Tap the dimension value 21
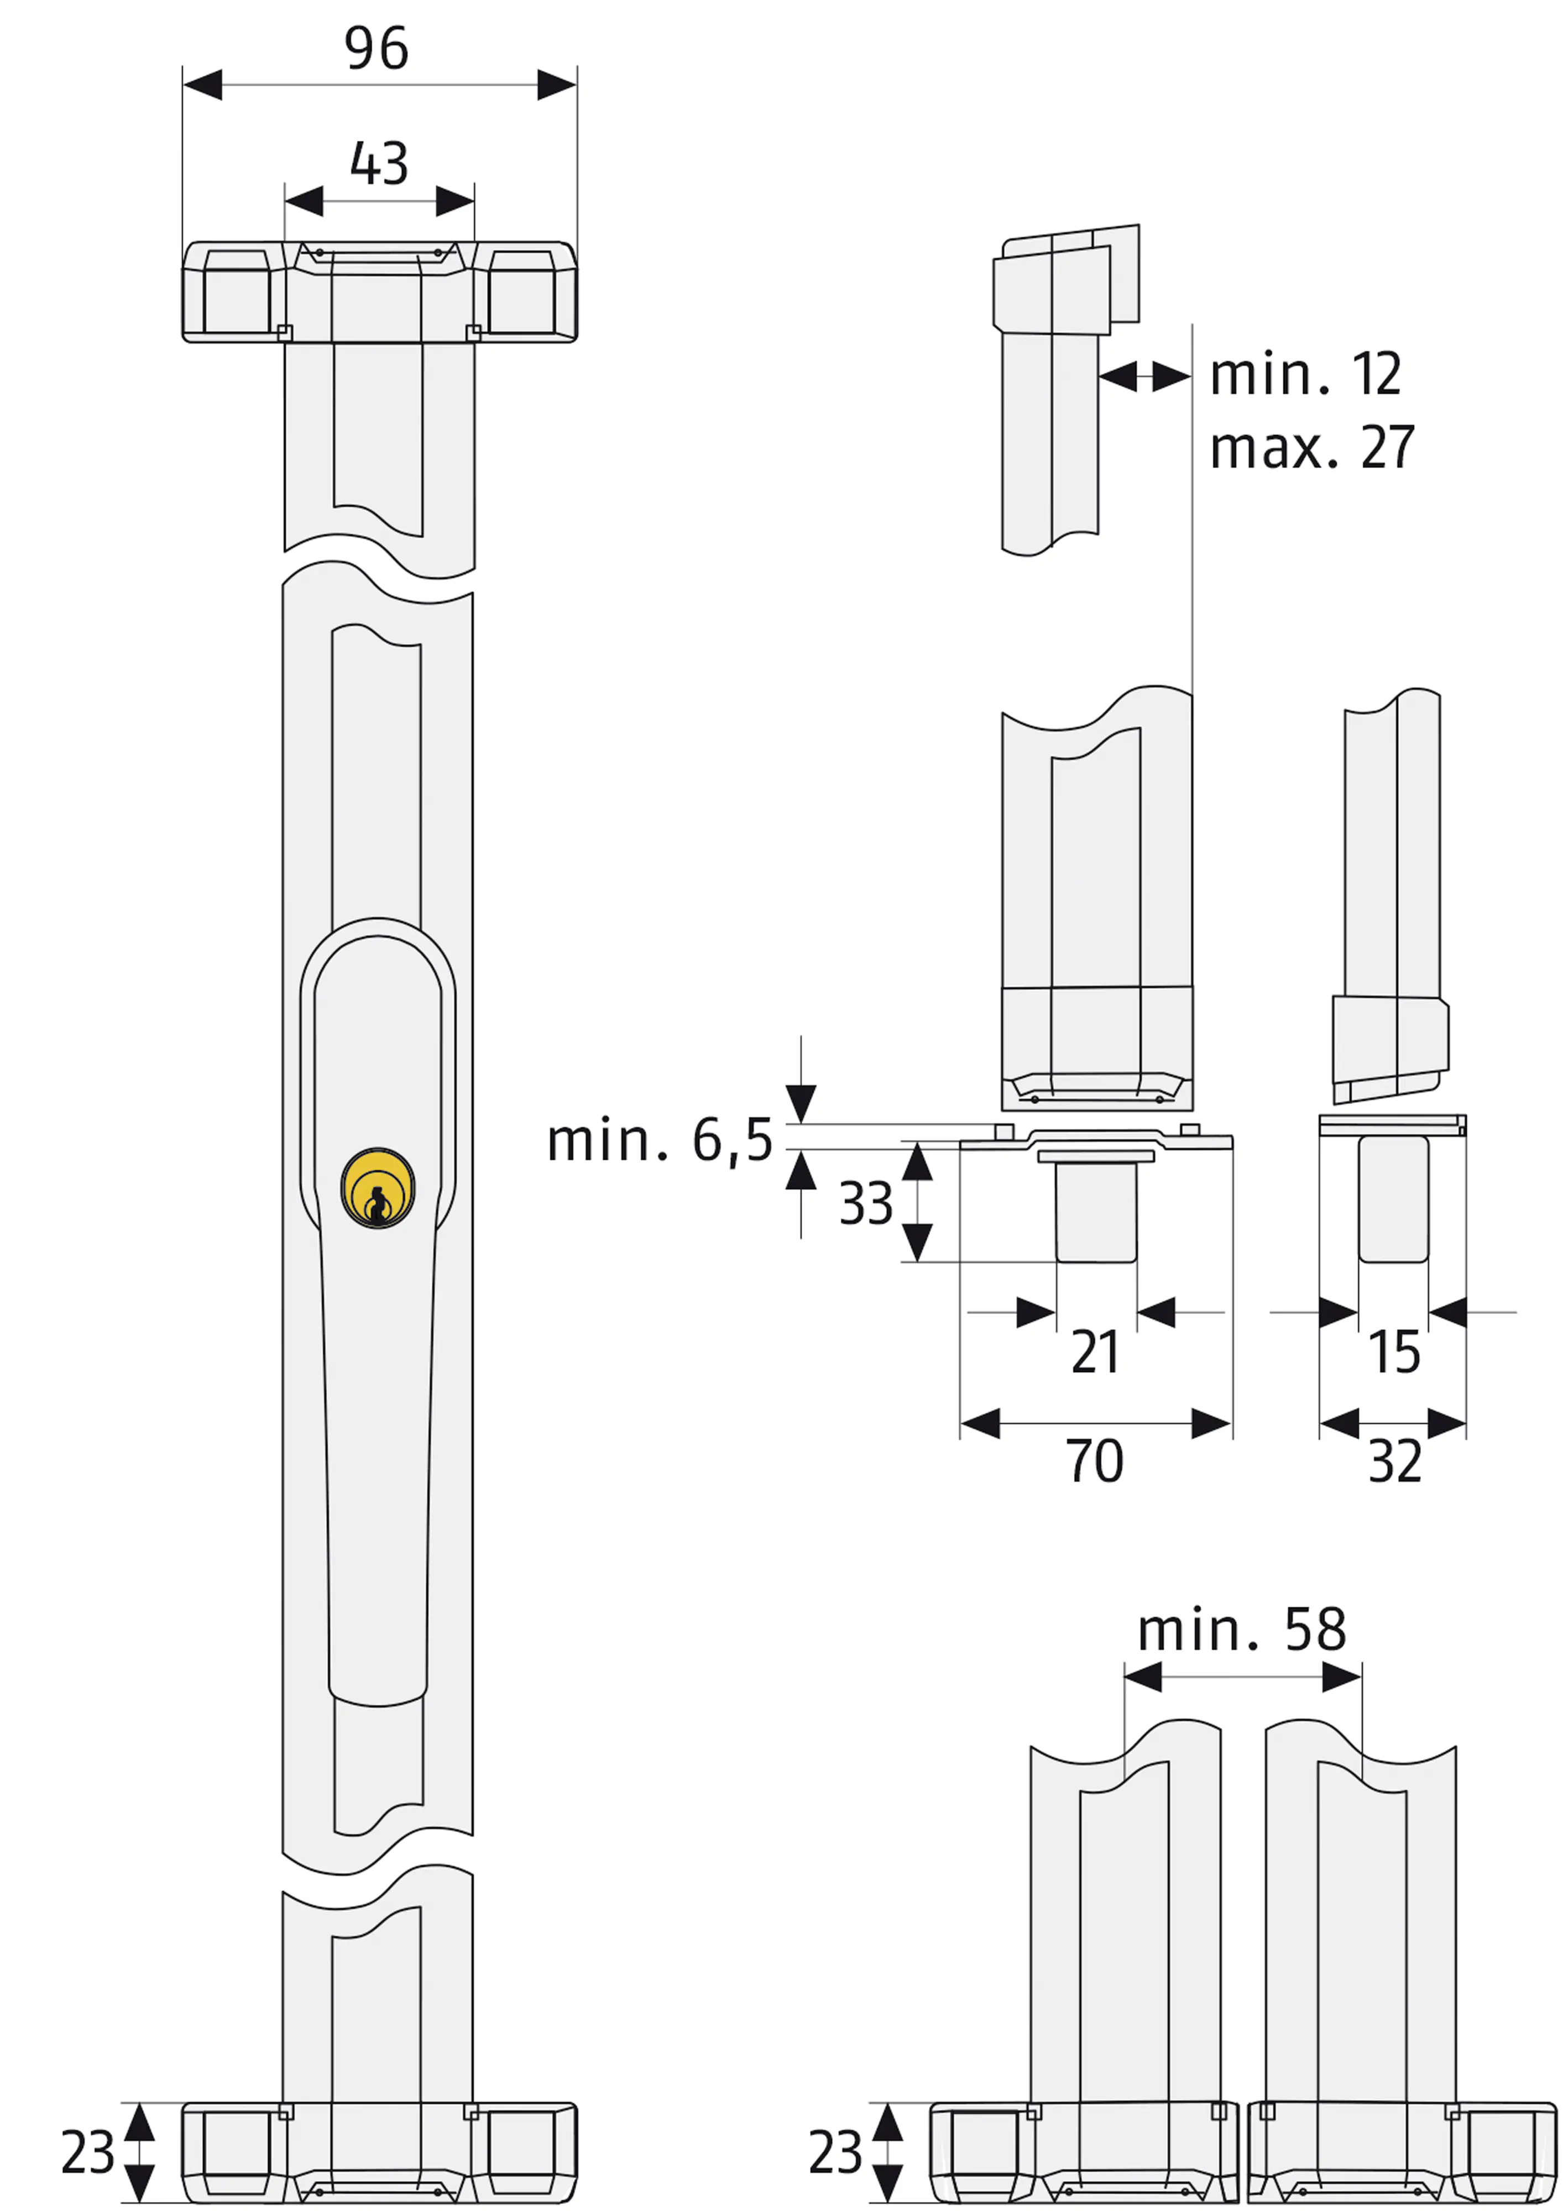tap(1095, 1352)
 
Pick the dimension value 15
tap(1393, 1352)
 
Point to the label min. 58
tap(1241, 1630)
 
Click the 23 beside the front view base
tap(87, 2152)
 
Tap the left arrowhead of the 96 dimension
tap(202, 85)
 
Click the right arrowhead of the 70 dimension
tap(1211, 1423)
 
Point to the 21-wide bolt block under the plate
tap(1096, 1213)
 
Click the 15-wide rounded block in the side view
tap(1393, 1199)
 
